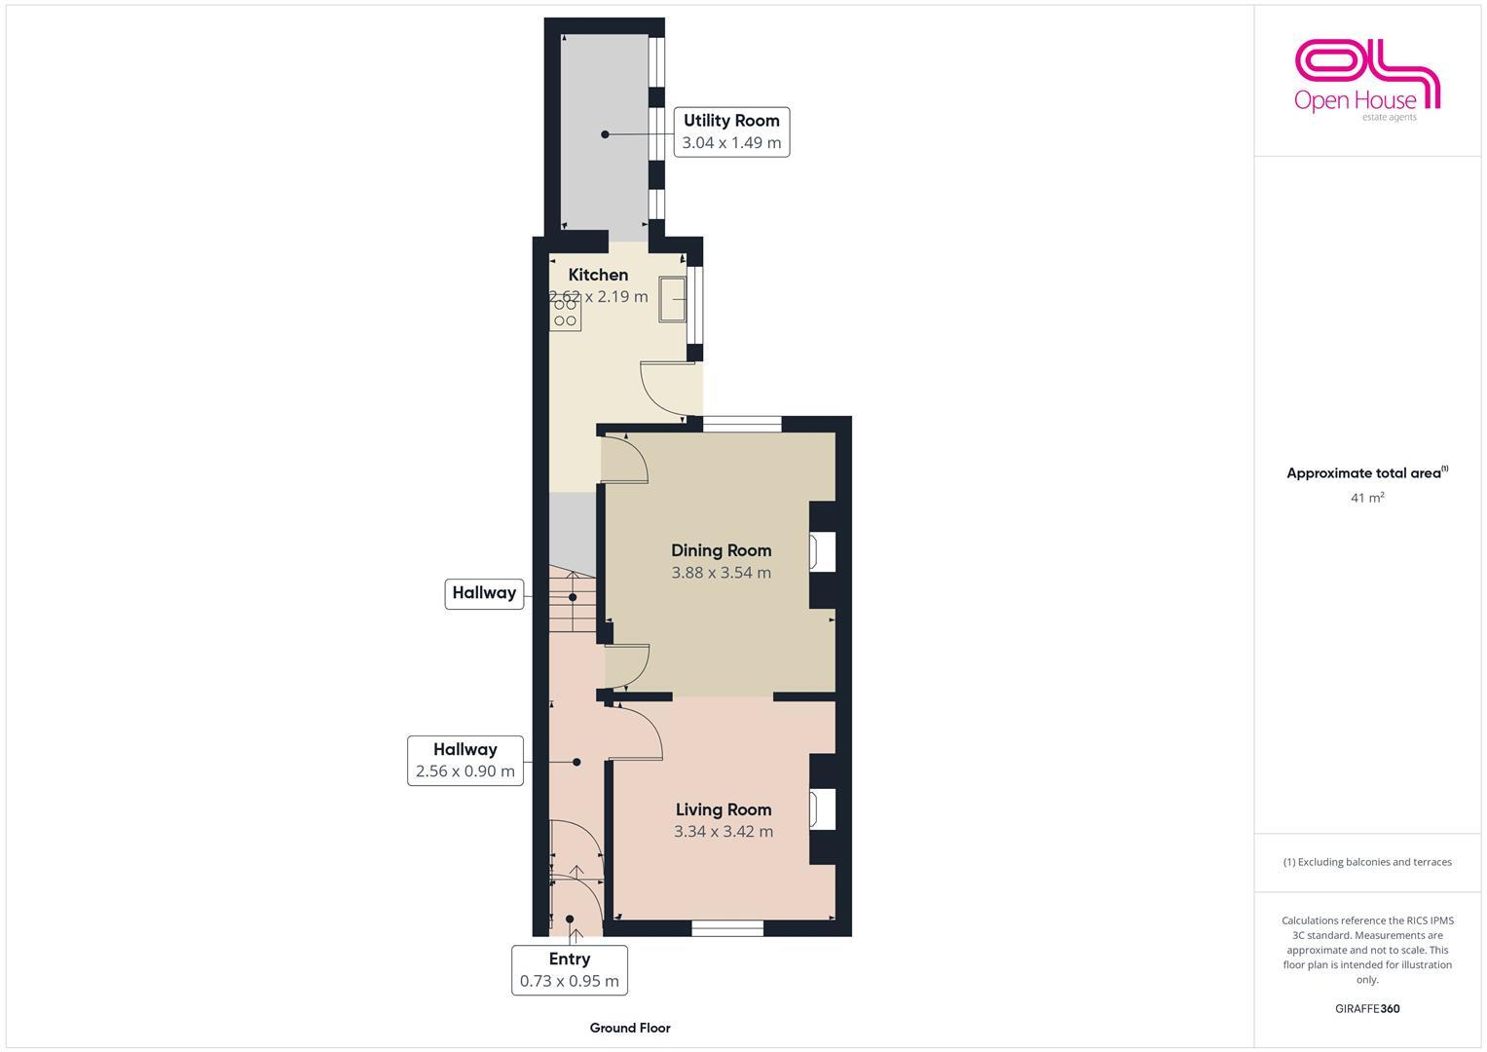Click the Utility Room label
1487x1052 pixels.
tap(731, 121)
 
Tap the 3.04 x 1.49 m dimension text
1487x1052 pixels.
tap(731, 142)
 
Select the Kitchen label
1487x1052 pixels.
tap(598, 275)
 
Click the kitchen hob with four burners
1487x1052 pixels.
tap(565, 314)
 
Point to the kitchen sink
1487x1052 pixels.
tap(673, 298)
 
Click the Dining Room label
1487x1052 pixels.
tap(721, 550)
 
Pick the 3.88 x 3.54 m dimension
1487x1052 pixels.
tap(721, 573)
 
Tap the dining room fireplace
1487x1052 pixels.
tap(822, 551)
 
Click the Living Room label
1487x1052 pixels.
tap(724, 809)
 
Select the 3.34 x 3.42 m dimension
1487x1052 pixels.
tap(724, 832)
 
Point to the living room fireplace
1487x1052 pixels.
tap(822, 809)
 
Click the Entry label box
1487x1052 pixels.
tap(570, 969)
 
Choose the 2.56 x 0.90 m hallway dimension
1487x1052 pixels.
tap(465, 771)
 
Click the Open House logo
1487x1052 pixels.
tap(1367, 80)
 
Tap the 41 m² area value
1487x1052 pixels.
tap(1367, 498)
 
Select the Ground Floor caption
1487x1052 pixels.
tap(630, 1028)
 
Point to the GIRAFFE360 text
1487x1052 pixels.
tap(1367, 1008)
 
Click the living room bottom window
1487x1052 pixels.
tap(727, 928)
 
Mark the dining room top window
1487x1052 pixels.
tap(742, 424)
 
